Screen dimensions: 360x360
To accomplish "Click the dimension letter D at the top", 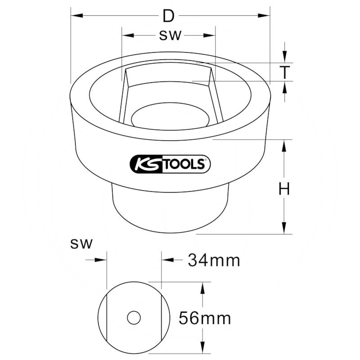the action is coord(168,16).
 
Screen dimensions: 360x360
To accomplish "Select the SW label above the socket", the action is coord(170,36).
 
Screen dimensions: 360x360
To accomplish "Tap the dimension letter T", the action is coord(285,72).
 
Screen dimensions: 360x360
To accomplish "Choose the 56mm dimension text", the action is coord(205,318).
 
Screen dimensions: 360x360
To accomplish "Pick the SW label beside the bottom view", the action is coord(81,243).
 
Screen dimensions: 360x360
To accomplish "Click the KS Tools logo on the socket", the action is coord(170,164).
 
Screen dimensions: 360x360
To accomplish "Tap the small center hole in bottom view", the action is coord(134,318).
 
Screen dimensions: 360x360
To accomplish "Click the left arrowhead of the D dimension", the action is coord(76,16).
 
